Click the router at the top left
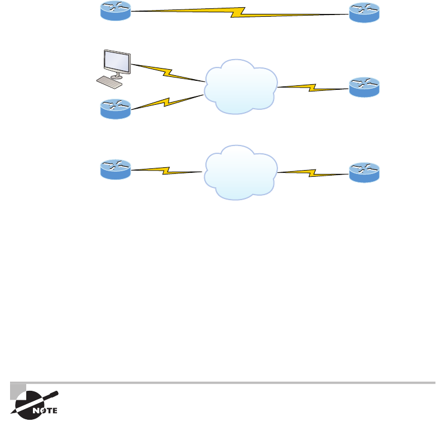tap(115, 12)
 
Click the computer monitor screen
tap(117, 62)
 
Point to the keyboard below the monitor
tap(109, 82)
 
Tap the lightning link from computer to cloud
tap(167, 72)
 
